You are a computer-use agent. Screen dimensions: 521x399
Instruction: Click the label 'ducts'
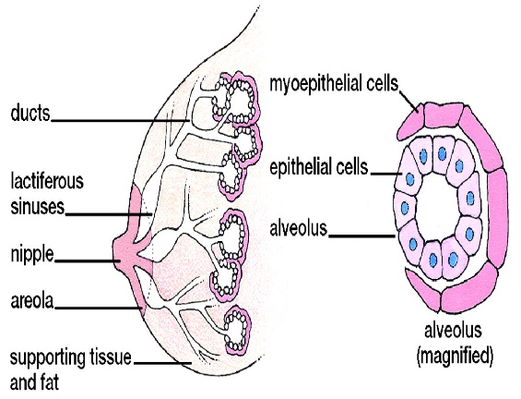pyautogui.click(x=30, y=113)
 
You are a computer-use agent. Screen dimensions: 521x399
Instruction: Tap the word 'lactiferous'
pyautogui.click(x=47, y=181)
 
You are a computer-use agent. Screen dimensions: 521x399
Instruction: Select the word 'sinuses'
pyautogui.click(x=38, y=207)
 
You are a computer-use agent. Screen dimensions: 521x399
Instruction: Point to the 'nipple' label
pyautogui.click(x=32, y=255)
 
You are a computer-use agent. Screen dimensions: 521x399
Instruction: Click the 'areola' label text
pyautogui.click(x=32, y=301)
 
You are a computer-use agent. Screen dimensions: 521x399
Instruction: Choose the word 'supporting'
pyautogui.click(x=48, y=358)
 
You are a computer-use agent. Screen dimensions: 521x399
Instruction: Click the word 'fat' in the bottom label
pyautogui.click(x=51, y=382)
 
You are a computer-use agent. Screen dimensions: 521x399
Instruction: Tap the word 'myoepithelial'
pyautogui.click(x=316, y=83)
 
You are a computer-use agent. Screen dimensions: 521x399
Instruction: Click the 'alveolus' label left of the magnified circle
pyautogui.click(x=299, y=229)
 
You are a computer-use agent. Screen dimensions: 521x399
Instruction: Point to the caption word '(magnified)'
pyautogui.click(x=455, y=357)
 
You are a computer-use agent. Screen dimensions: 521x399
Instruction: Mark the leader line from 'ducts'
pyautogui.click(x=120, y=120)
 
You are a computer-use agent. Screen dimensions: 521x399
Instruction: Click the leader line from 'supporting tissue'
pyautogui.click(x=163, y=363)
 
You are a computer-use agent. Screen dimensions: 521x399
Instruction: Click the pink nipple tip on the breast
pyautogui.click(x=118, y=252)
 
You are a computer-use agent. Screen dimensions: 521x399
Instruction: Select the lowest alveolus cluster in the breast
pyautogui.click(x=237, y=330)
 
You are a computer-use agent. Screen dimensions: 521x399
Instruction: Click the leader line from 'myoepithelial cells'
pyautogui.click(x=408, y=102)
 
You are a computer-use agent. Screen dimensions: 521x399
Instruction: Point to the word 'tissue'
pyautogui.click(x=111, y=357)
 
